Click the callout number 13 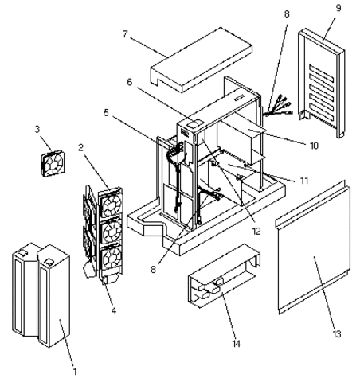point(337,333)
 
